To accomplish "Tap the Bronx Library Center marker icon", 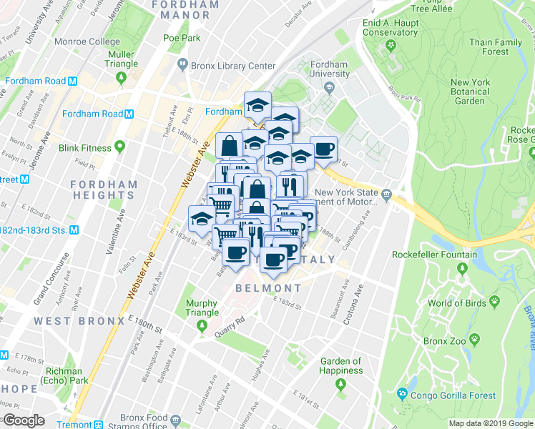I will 183,66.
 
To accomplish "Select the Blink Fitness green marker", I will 120,148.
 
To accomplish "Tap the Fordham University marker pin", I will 329,88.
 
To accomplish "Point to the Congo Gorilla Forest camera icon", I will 403,394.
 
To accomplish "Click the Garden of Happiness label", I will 341,366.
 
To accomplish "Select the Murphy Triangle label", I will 202,308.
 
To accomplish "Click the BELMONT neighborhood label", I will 269,288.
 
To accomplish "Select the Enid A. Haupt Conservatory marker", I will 391,46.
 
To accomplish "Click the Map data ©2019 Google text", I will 491,423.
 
